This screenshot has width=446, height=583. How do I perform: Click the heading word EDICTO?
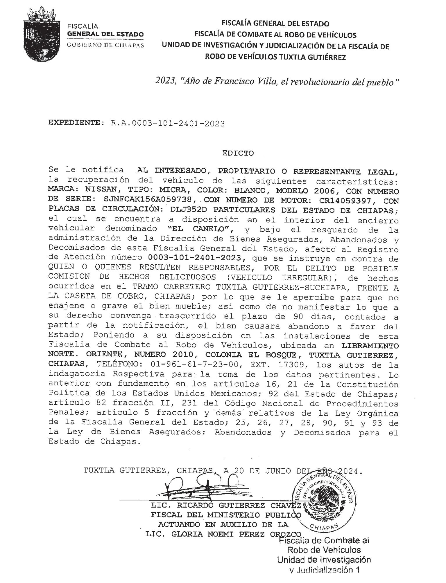point(238,153)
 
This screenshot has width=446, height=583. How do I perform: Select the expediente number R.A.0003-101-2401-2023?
point(168,124)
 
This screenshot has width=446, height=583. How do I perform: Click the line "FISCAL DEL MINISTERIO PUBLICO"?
point(225,515)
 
